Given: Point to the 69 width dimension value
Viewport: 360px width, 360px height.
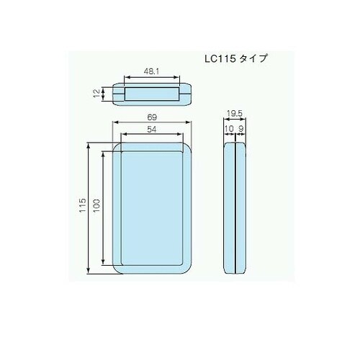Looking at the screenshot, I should coord(153,116).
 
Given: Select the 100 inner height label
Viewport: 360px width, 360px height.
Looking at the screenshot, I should coord(96,207).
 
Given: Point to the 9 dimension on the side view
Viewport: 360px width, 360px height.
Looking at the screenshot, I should coord(242,129).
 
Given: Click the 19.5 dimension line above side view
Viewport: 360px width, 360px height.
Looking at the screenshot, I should coord(236,120).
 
